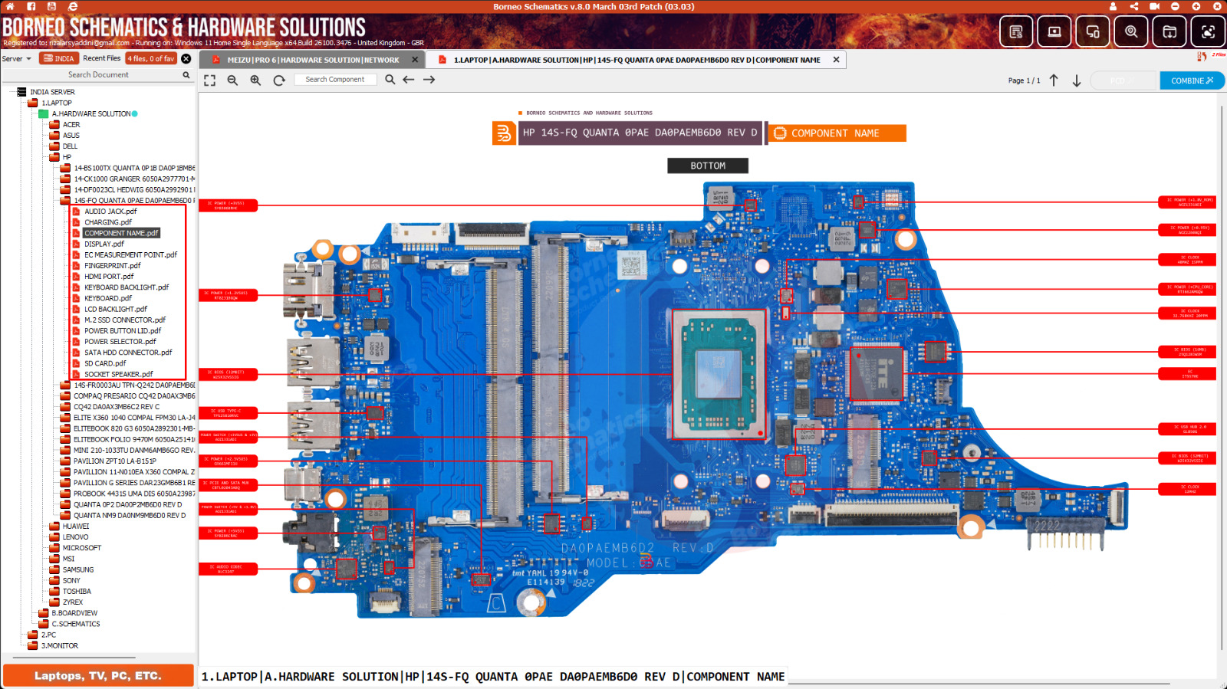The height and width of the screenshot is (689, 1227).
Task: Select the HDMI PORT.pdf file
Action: click(x=108, y=277)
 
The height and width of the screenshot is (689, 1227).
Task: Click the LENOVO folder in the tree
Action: click(x=75, y=537)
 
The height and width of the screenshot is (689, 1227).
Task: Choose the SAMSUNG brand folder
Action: click(x=77, y=569)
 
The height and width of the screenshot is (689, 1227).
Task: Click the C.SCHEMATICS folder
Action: click(x=75, y=624)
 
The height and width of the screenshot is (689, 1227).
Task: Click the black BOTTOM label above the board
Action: click(x=707, y=166)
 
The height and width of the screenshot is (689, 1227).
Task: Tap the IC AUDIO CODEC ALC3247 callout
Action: click(x=228, y=569)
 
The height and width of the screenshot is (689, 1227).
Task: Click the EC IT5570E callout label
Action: click(x=1186, y=374)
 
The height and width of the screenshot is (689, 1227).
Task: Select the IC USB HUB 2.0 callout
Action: click(x=1186, y=429)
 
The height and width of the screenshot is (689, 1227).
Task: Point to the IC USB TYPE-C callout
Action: click(x=228, y=413)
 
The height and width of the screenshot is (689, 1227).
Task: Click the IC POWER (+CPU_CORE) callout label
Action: click(x=1186, y=289)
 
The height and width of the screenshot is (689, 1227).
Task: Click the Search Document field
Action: click(x=98, y=75)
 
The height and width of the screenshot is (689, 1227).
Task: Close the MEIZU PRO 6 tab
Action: click(x=415, y=60)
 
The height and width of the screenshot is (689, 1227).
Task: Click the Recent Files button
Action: click(x=101, y=58)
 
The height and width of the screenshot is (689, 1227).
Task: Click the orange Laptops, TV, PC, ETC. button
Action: click(x=98, y=676)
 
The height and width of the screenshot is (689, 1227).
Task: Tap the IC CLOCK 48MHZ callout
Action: click(x=1186, y=260)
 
